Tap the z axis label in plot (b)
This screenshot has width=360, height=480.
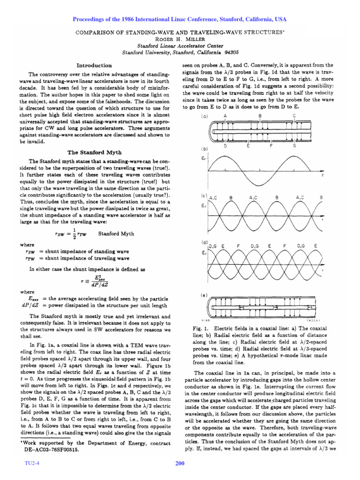coord(323,175)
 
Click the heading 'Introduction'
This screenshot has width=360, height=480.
coord(94,65)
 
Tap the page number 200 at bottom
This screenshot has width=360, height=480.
coord(180,464)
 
